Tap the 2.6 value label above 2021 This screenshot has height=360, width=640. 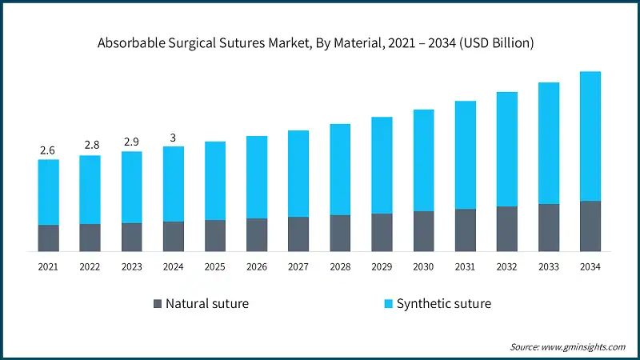pos(48,150)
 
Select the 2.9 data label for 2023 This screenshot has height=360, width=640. pos(131,142)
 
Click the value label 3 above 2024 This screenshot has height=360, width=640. pos(173,137)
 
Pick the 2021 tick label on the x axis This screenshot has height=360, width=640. pos(48,266)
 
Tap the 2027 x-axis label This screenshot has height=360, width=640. pos(298,266)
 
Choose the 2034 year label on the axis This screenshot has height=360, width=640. pos(590,266)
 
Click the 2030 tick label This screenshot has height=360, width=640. pos(423,266)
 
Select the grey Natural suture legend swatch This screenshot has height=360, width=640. pos(158,304)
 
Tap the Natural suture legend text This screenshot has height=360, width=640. pos(207,304)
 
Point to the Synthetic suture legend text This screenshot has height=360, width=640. pos(444,304)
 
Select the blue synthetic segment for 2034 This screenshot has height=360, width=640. pos(590,136)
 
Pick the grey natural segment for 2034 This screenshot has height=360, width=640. pos(590,226)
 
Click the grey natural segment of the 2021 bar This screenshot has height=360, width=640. pos(48,238)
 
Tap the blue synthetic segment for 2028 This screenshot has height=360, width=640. pos(340,170)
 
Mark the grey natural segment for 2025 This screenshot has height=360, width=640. pos(215,235)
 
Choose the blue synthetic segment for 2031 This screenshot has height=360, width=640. pos(466,155)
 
